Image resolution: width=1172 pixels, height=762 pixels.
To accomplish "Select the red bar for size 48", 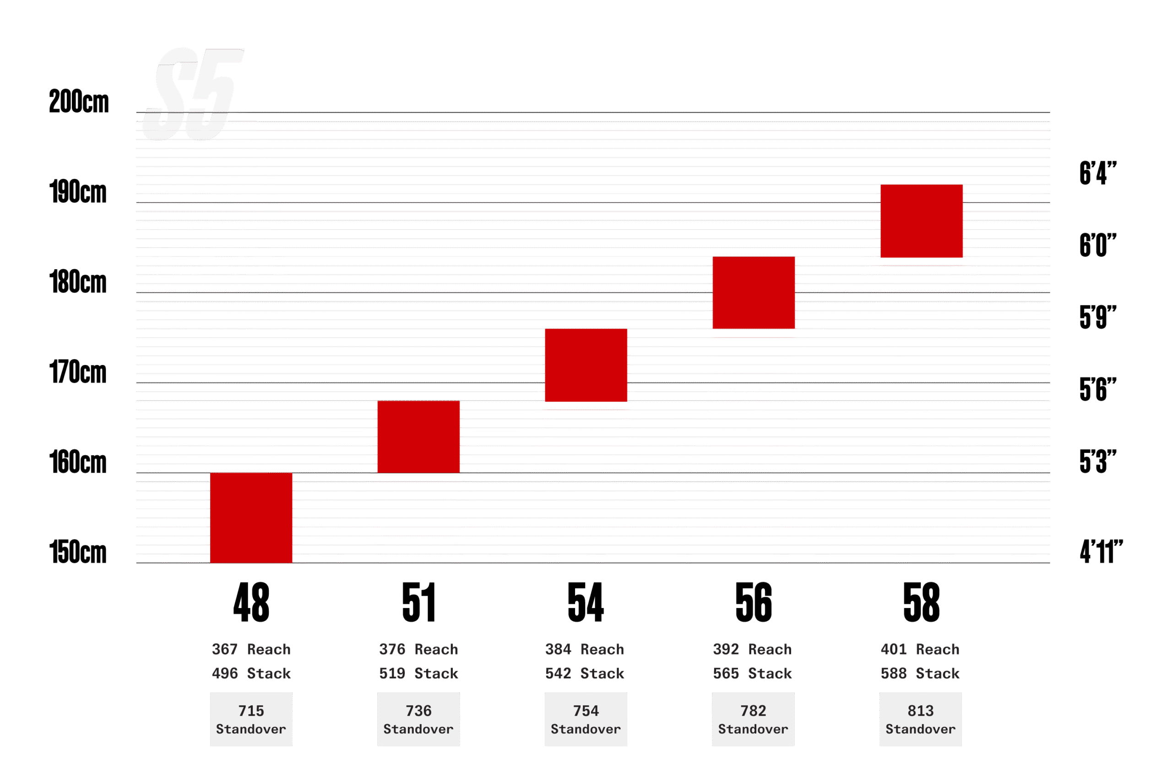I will pos(251,517).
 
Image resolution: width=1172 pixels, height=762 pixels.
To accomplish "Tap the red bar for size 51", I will pos(418,436).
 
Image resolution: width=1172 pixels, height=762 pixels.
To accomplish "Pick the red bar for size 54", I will pos(586,365).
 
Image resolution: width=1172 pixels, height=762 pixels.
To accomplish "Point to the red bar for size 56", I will pos(754,293).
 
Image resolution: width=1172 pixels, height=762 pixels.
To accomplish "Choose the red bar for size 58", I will pos(922,221).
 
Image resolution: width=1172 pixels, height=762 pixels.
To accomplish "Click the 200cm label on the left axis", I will pos(79,102).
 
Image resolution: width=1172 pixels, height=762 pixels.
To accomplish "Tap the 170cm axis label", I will pos(78,372).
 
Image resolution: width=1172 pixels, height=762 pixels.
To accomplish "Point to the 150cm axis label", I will pos(78,552).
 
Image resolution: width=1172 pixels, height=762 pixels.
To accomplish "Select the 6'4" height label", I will pos(1098,173).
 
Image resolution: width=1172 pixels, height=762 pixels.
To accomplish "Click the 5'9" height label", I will pos(1098,317).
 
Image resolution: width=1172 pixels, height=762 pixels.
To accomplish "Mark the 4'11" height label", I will pos(1101,551).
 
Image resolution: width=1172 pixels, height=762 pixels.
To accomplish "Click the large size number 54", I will pos(586,602).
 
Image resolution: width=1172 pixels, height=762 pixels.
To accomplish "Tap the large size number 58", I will pos(921,602).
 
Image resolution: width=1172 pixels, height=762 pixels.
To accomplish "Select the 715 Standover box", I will pos(251,719).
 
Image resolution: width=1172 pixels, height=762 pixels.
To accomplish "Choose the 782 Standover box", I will pos(753,719).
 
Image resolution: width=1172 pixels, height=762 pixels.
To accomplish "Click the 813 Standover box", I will pos(920,719).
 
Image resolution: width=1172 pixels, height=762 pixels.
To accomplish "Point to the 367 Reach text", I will pos(251,649).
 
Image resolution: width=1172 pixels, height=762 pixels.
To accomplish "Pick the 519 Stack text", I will pos(418,673).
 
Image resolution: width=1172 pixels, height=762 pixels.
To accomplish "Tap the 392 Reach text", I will pos(753,649).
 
